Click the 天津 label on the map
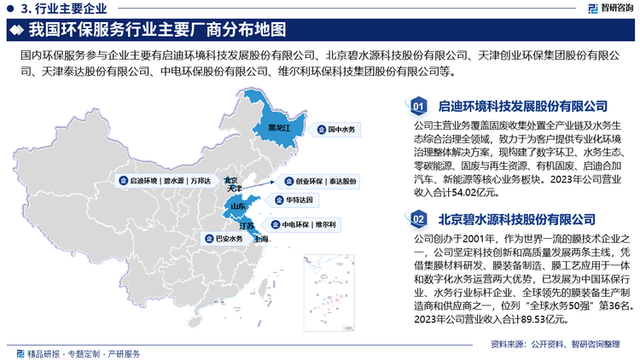click(236, 189)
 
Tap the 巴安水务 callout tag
click(219, 240)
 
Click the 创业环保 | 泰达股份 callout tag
click(320, 182)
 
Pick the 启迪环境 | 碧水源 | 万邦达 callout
click(165, 181)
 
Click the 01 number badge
click(418, 107)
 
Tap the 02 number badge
click(418, 220)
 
